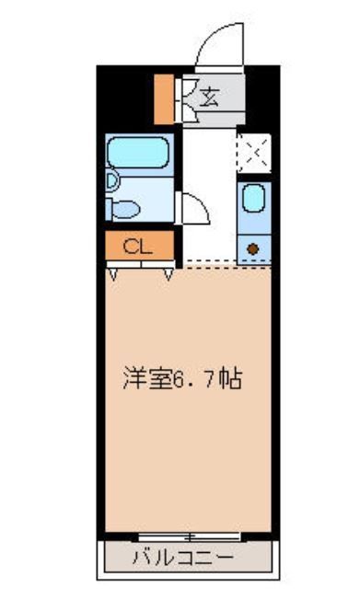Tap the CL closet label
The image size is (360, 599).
(136, 246)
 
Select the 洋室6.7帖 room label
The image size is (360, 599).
(183, 378)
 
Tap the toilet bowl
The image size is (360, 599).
(124, 209)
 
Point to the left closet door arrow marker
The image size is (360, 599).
(112, 273)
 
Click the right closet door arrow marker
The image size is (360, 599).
(168, 273)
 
